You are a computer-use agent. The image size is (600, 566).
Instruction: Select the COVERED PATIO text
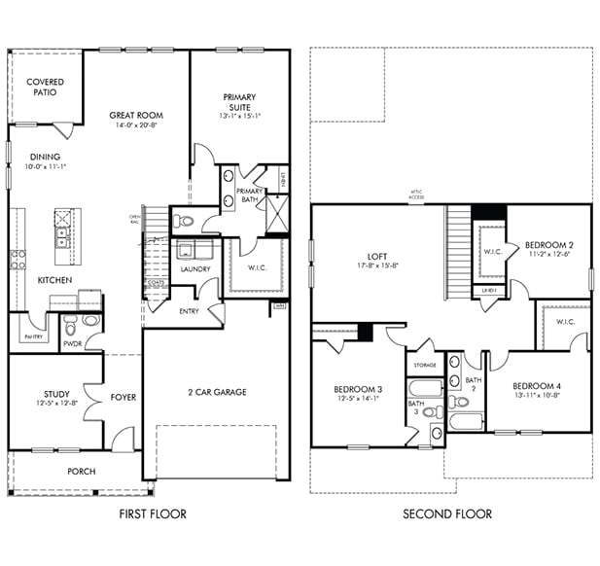[x=45, y=88]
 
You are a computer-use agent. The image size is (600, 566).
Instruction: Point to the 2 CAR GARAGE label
[x=217, y=392]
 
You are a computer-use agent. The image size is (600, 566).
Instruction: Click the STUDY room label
[x=44, y=395]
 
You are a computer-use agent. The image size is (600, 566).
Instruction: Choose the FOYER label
[x=123, y=396]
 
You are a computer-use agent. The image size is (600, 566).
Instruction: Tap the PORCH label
[x=81, y=472]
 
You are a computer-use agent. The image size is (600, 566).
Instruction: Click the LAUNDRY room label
[x=194, y=268]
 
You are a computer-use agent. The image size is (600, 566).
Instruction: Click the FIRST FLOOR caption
[x=152, y=513]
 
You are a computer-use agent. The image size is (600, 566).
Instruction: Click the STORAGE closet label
[x=425, y=367]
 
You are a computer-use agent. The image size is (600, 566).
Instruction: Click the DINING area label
[x=45, y=157]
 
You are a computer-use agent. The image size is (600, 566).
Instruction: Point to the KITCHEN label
[x=54, y=279]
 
